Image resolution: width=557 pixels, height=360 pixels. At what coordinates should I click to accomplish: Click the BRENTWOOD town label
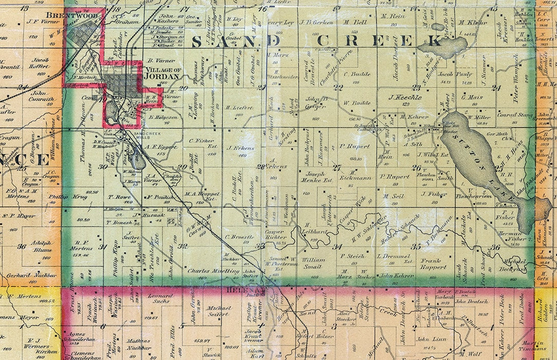64,15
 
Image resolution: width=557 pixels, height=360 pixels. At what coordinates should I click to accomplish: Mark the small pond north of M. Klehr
438,27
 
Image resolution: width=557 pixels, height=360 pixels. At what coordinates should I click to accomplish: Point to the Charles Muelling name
206,271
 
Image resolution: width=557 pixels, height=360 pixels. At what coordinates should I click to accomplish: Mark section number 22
338,87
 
